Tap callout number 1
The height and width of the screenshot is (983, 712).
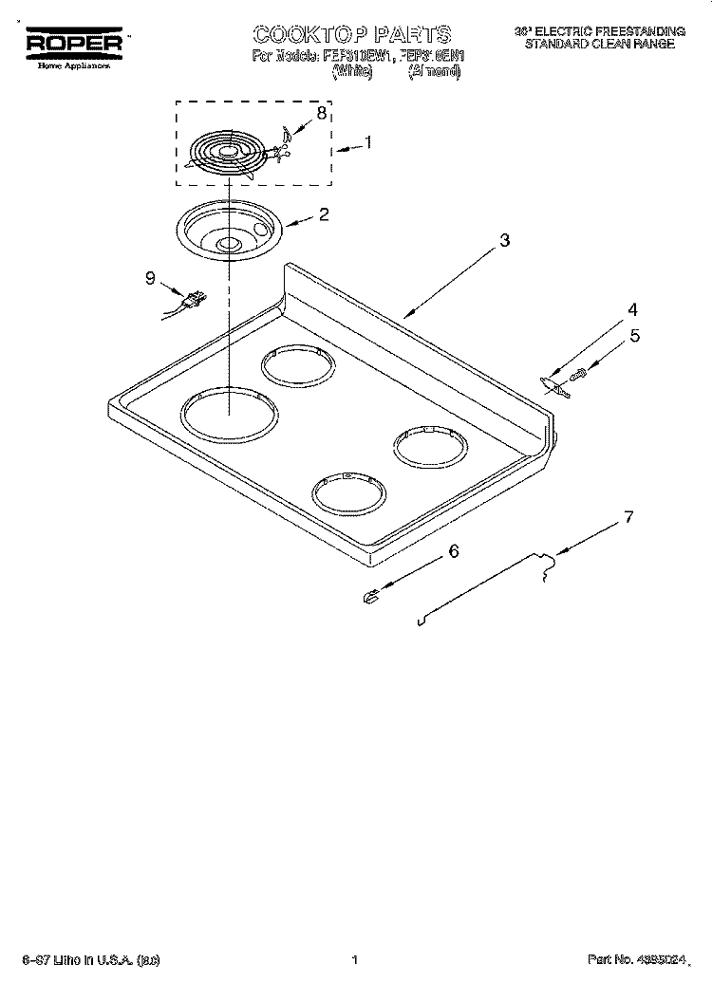coord(368,142)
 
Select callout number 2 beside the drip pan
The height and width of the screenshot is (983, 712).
coord(324,214)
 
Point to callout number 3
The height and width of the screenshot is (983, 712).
coord(504,241)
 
